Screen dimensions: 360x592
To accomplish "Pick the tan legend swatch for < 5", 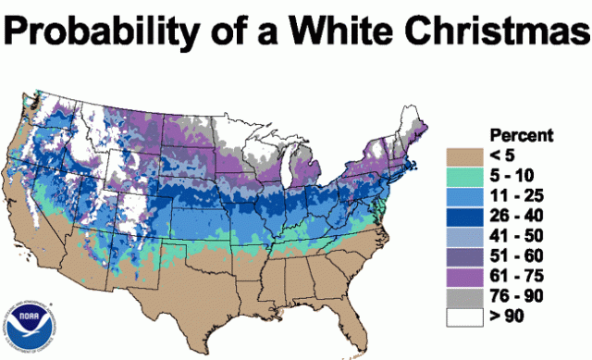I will pyautogui.click(x=470, y=154).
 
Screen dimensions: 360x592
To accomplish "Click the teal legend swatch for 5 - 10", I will pyautogui.click(x=470, y=174).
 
